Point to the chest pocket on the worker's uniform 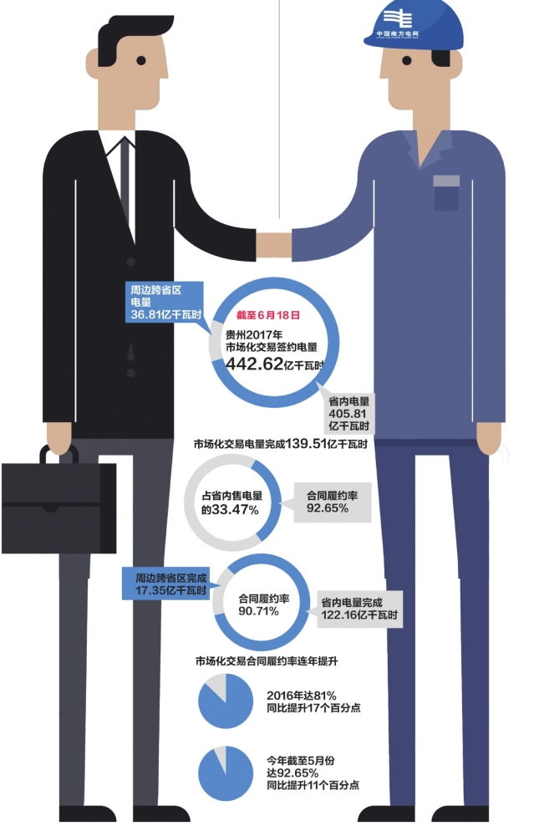[446, 193]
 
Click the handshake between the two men [273, 245]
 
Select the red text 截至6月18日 [267, 317]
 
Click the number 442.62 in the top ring [250, 364]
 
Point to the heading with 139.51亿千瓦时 [281, 444]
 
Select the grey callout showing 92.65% [331, 502]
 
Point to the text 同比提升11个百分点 [313, 786]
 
